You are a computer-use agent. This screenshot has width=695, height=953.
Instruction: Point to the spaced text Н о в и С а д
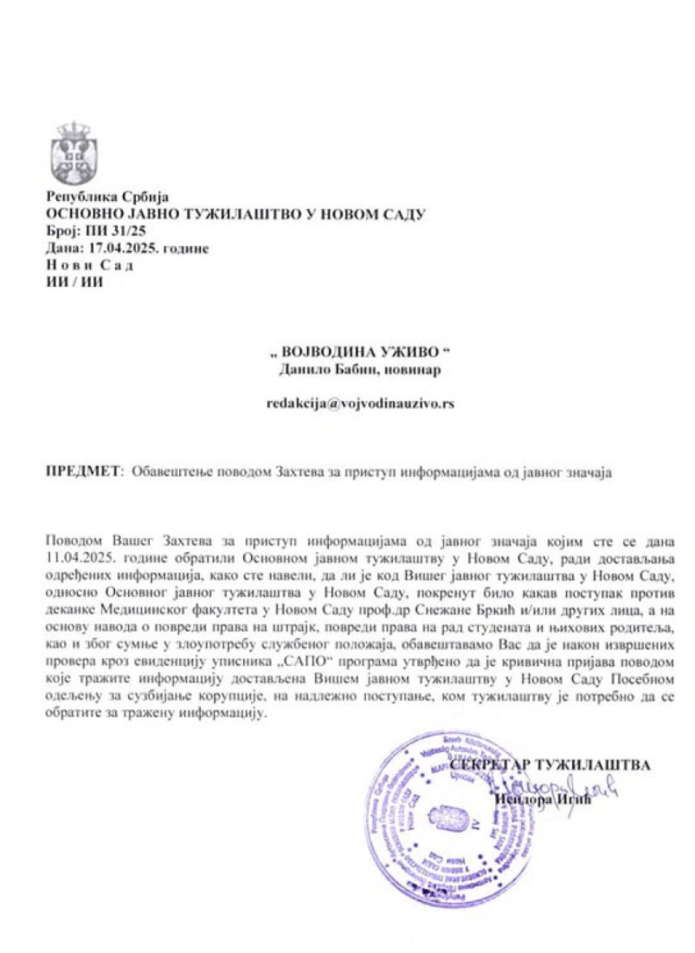coord(90,265)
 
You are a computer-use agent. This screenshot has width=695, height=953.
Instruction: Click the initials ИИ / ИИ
coord(75,282)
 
